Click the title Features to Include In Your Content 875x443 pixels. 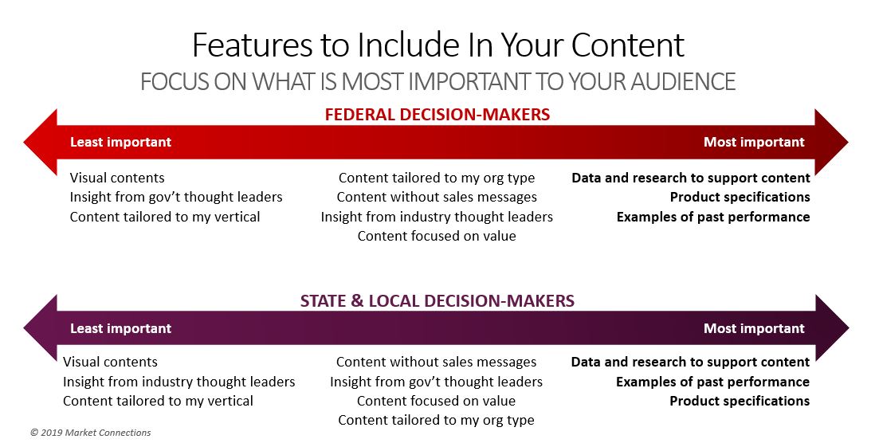[438, 45]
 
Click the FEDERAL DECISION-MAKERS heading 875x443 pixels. [437, 115]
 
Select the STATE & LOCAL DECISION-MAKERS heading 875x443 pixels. [437, 300]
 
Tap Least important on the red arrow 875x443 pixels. [120, 143]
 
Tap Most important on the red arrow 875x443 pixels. [754, 143]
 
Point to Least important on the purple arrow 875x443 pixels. [120, 328]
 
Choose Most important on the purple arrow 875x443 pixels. [754, 328]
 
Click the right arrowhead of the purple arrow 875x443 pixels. [831, 328]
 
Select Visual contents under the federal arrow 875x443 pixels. [117, 178]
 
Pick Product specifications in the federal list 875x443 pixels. [740, 197]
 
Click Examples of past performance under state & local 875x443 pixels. [712, 382]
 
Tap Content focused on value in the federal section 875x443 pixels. [437, 236]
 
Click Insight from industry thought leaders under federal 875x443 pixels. [437, 217]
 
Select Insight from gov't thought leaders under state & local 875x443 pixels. [437, 382]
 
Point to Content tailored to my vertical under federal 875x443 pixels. [165, 217]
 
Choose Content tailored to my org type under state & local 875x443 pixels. [437, 420]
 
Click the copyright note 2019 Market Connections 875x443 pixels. [90, 433]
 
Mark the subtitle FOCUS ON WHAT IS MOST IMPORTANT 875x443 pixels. [335, 81]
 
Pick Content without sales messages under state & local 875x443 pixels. [437, 362]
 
